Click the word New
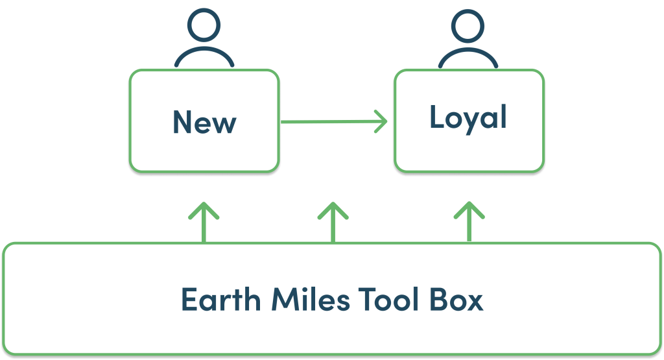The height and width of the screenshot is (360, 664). click(x=204, y=122)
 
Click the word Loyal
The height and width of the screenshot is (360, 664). click(x=468, y=119)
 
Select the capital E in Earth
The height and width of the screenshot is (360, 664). click(x=189, y=300)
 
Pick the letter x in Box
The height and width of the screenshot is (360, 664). click(x=475, y=302)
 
